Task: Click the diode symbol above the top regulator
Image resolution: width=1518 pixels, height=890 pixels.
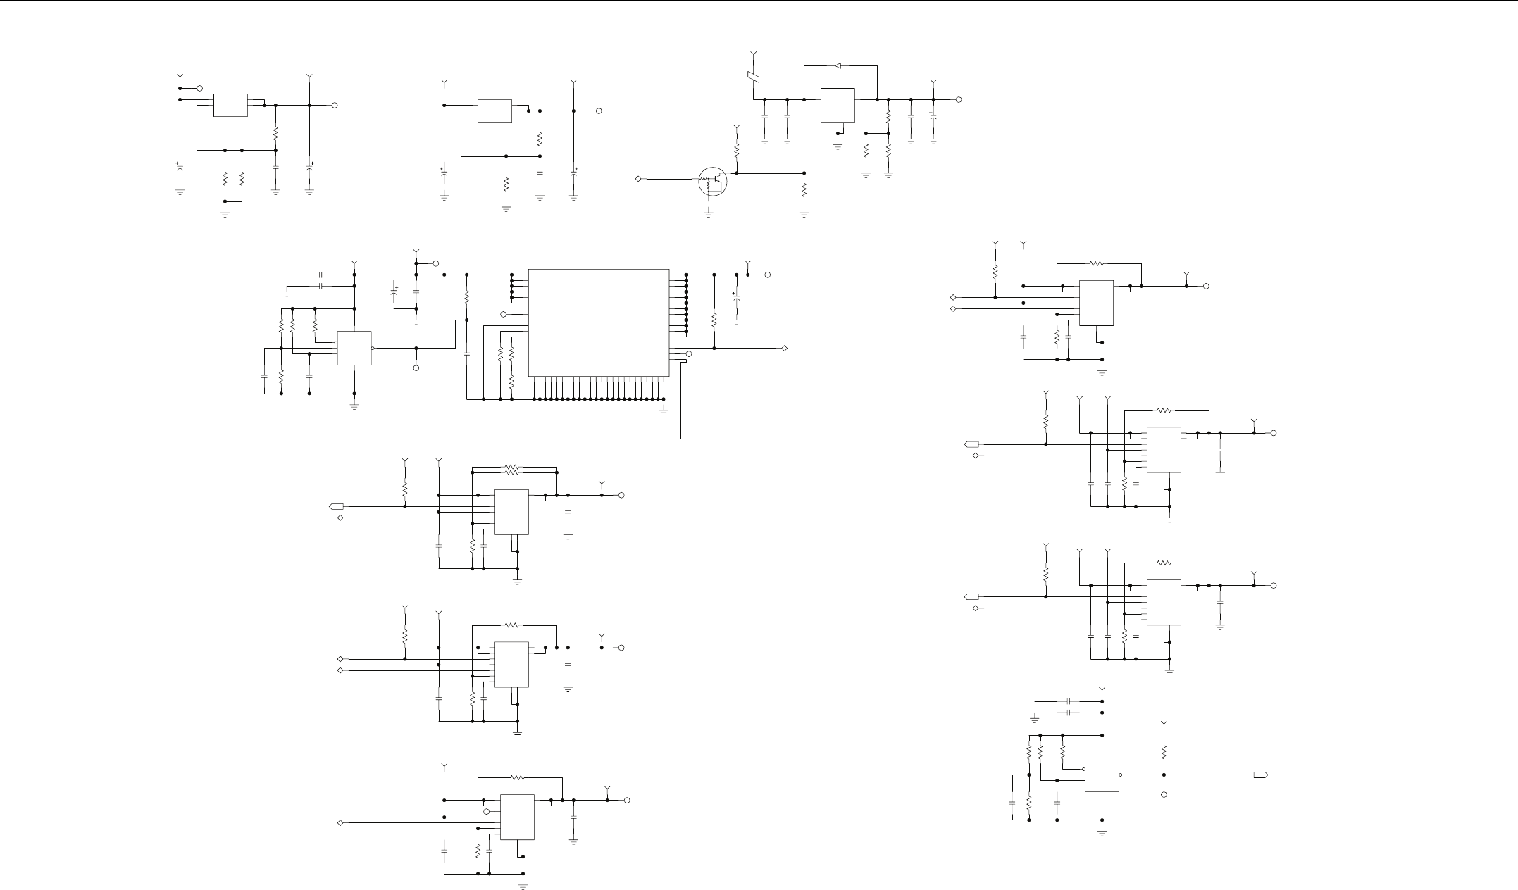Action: click(x=838, y=65)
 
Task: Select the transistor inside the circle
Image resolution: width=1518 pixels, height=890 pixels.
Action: click(x=712, y=180)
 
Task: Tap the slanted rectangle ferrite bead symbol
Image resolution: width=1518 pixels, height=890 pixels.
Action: click(x=753, y=77)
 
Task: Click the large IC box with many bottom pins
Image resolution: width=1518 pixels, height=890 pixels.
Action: click(x=598, y=322)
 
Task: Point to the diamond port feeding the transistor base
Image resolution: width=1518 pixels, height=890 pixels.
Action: click(x=638, y=179)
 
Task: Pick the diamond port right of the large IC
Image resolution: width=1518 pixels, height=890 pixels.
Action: click(x=784, y=349)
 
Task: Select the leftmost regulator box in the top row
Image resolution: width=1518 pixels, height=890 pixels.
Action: click(x=230, y=105)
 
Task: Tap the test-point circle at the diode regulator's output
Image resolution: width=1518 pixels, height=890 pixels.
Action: click(x=959, y=100)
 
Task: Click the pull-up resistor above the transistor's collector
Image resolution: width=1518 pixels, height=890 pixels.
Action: click(x=737, y=151)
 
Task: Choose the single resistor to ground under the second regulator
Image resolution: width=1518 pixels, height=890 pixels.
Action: click(x=506, y=185)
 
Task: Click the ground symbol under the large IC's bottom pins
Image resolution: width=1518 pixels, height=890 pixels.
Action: click(x=664, y=411)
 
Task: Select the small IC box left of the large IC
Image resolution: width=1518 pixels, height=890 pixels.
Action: click(x=354, y=348)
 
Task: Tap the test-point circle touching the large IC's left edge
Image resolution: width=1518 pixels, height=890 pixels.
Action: click(x=503, y=314)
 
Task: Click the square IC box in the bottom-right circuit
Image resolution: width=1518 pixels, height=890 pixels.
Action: click(x=1102, y=775)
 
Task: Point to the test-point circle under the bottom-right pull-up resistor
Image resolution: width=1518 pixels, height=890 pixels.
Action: click(x=1164, y=794)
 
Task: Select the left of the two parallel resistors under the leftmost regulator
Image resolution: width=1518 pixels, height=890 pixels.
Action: click(x=225, y=179)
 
